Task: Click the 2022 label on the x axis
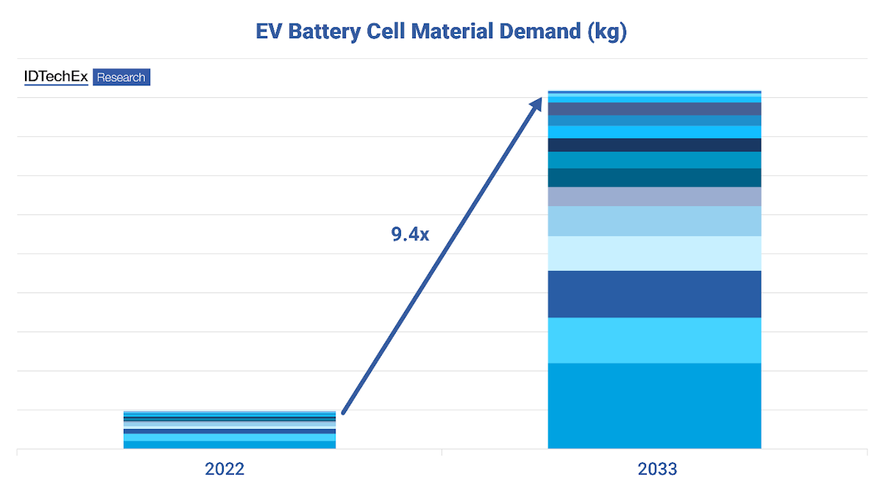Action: [x=225, y=469]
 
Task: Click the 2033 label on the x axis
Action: [x=657, y=469]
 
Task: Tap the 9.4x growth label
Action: [x=409, y=235]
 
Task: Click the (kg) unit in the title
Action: [x=607, y=32]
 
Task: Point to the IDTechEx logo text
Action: [x=56, y=77]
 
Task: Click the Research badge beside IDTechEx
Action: [x=121, y=77]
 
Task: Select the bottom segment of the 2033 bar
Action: [x=654, y=405]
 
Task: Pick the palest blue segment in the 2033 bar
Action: [x=654, y=253]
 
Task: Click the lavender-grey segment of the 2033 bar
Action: [x=654, y=196]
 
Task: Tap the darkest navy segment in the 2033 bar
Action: [x=654, y=145]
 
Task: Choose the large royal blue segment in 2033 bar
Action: [x=654, y=294]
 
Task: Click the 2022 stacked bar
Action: [x=230, y=430]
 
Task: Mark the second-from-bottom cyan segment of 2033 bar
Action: [x=654, y=340]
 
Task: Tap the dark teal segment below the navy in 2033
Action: [x=654, y=177]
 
